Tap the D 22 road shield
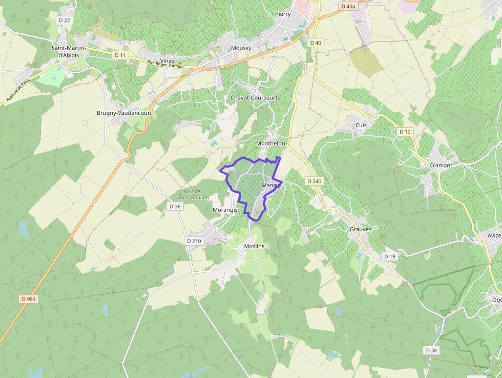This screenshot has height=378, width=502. pyautogui.click(x=65, y=20)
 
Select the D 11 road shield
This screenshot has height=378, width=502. pyautogui.click(x=120, y=55)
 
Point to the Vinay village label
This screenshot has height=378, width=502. pyautogui.click(x=167, y=61)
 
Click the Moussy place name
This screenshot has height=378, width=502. pyautogui.click(x=241, y=48)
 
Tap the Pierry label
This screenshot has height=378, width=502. pyautogui.click(x=283, y=14)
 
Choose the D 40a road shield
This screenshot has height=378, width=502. pyautogui.click(x=348, y=7)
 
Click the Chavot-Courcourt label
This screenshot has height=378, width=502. pyautogui.click(x=254, y=97)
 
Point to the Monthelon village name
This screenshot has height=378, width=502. pyautogui.click(x=270, y=144)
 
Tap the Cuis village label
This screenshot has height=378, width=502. pyautogui.click(x=361, y=125)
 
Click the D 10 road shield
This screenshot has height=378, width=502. pyautogui.click(x=405, y=132)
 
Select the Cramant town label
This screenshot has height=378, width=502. pyautogui.click(x=441, y=165)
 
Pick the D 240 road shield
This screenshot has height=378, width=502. pyautogui.click(x=315, y=181)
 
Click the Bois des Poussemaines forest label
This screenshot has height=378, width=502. pyautogui.click(x=194, y=194)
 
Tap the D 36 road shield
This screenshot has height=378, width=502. pyautogui.click(x=175, y=206)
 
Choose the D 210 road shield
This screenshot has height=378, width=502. pyautogui.click(x=194, y=241)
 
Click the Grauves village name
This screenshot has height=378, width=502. pyautogui.click(x=361, y=229)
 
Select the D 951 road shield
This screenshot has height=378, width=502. pyautogui.click(x=29, y=299)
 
